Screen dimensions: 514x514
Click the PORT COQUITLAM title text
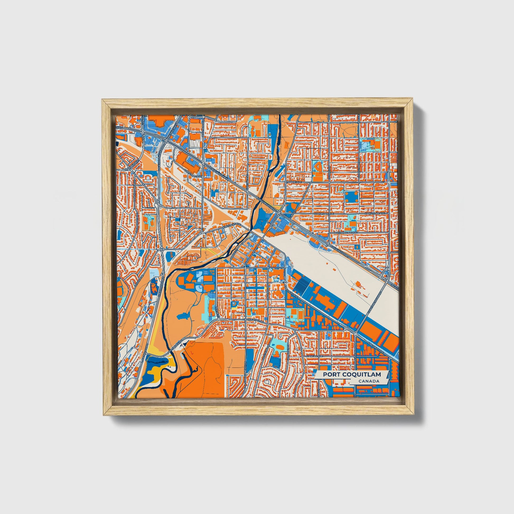pos(352,375)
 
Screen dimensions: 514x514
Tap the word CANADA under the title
pos(369,381)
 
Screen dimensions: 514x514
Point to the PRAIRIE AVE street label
pos(294,182)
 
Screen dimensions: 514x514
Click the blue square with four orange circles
pos(352,197)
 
